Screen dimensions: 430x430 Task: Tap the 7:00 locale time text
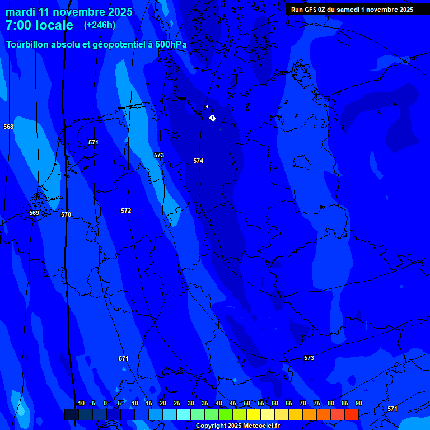39,26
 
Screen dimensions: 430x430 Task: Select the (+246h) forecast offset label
100,25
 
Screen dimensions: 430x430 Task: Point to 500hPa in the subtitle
171,44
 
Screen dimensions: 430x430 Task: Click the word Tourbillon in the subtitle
28,44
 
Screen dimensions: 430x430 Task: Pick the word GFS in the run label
310,9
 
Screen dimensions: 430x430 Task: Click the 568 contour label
8,127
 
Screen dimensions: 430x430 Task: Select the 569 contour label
34,213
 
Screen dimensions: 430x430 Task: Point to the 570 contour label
66,214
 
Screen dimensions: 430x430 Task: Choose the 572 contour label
126,211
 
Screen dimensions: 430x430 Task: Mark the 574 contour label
198,161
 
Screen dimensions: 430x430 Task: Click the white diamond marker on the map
212,118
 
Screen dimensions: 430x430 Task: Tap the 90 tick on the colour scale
358,404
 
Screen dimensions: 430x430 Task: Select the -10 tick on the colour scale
80,404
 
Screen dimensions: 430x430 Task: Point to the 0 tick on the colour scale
105,404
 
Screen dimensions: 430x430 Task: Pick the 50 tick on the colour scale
246,404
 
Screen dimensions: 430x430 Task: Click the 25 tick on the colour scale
176,404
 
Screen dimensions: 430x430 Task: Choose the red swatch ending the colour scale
351,414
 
